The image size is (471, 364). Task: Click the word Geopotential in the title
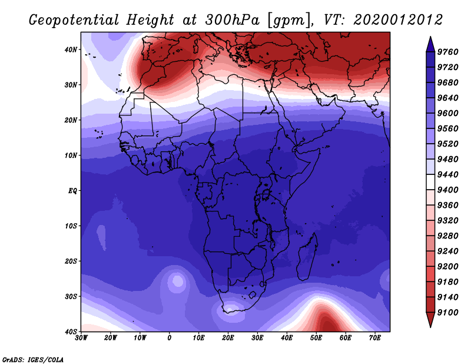point(74,21)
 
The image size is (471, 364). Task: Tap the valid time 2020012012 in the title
point(398,20)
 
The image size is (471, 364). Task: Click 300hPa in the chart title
point(232,20)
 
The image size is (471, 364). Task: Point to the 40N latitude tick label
point(71,49)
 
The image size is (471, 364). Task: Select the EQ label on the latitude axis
point(72,191)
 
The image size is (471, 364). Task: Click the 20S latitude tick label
point(71,261)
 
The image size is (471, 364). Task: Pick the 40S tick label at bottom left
point(71,332)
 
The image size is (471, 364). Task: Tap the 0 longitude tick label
point(170,338)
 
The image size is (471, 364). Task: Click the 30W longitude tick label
point(81,338)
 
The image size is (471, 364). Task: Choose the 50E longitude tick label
point(316,338)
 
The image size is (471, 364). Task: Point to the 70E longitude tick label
point(375,338)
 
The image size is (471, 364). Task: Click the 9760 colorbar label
point(447,52)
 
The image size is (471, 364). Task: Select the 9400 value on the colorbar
point(447,190)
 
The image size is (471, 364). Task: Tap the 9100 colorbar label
point(447,313)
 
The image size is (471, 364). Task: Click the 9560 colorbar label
point(447,128)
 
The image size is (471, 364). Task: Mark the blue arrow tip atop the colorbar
point(430,37)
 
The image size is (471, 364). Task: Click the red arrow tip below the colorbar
point(430,327)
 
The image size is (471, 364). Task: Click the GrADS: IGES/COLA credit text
point(33,359)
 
